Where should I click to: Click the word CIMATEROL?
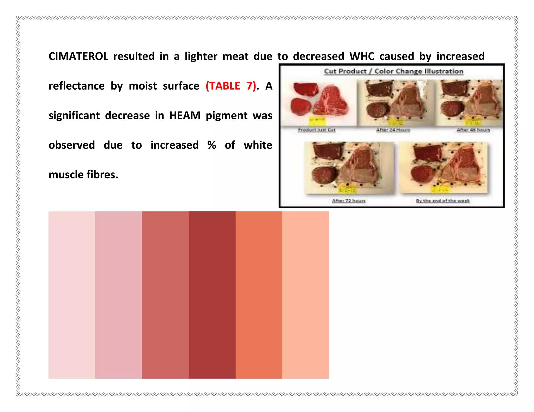click(78, 57)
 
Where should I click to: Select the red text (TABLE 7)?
click(231, 86)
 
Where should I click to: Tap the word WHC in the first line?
click(362, 57)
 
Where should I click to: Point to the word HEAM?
click(185, 116)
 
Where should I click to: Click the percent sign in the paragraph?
click(212, 145)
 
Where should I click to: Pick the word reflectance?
click(76, 86)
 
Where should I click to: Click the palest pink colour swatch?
click(72, 295)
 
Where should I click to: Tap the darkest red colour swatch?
click(212, 295)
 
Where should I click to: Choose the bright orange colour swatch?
click(259, 295)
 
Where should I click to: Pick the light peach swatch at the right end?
click(305, 295)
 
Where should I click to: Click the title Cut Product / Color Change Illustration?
click(393, 71)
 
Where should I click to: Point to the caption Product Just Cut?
click(317, 130)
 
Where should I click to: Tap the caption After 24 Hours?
click(393, 130)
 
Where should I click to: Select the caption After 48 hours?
click(473, 130)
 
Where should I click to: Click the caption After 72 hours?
click(349, 201)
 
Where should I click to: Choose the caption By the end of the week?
click(443, 201)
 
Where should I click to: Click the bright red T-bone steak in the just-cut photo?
click(331, 102)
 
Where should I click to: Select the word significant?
click(74, 116)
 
